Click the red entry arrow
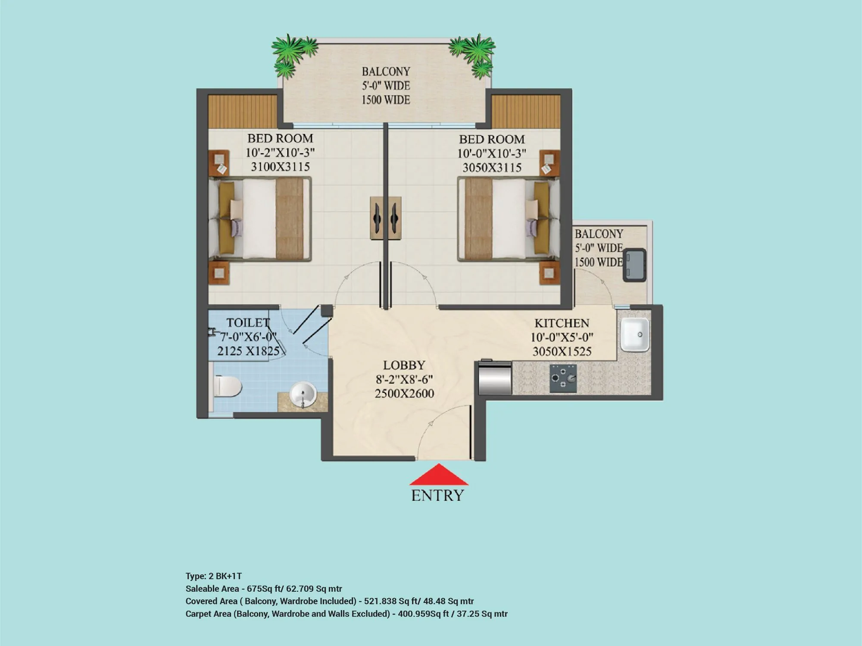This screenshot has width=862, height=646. pos(438,476)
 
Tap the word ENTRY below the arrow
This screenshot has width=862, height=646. pos(437,496)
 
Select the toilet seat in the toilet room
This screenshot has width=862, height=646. pos(227,386)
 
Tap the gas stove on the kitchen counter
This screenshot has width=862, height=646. pos(563,378)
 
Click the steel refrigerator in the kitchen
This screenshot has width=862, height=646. pos(495,378)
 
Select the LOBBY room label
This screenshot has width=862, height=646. pos(404,365)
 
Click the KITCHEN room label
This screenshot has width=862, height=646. pos(562,323)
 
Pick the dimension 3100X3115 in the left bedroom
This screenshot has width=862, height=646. pos(280,167)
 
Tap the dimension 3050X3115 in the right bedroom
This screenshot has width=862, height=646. pos(492,168)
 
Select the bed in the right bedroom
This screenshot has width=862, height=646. pos(509,220)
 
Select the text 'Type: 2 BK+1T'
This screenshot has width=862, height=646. pos(213,576)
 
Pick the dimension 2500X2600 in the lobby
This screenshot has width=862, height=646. pos(404,393)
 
